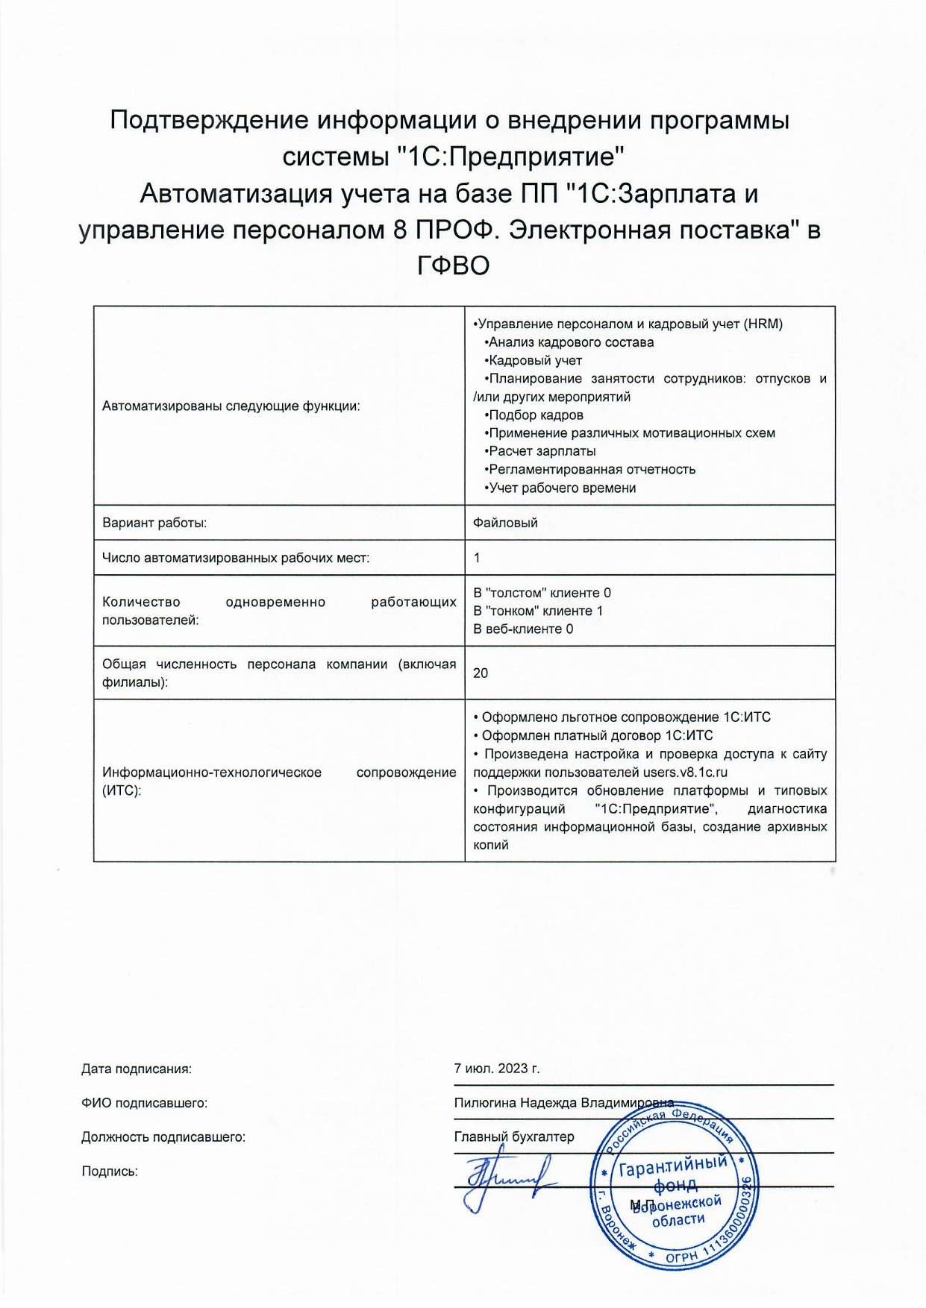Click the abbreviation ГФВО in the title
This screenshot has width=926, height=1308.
[453, 265]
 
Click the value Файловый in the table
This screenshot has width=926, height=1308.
[505, 522]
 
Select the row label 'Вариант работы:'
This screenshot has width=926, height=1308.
[154, 522]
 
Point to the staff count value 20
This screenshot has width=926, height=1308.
[481, 673]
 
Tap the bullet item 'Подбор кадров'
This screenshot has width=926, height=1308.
[535, 415]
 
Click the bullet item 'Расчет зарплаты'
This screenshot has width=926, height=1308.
[542, 451]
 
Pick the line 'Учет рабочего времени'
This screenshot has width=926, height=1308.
[562, 488]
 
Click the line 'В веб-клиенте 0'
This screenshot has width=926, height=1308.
[523, 629]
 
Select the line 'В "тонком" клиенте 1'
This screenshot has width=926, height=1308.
[538, 611]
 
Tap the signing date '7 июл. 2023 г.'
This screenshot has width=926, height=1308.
[496, 1068]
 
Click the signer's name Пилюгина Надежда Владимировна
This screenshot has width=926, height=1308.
[563, 1102]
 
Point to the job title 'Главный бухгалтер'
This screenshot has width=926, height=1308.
[514, 1136]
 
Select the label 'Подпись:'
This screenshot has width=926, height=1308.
[110, 1171]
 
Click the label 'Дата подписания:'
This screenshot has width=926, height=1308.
[137, 1069]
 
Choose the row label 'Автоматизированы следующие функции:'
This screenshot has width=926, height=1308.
[231, 406]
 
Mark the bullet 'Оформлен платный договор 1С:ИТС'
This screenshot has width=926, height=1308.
[596, 735]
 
